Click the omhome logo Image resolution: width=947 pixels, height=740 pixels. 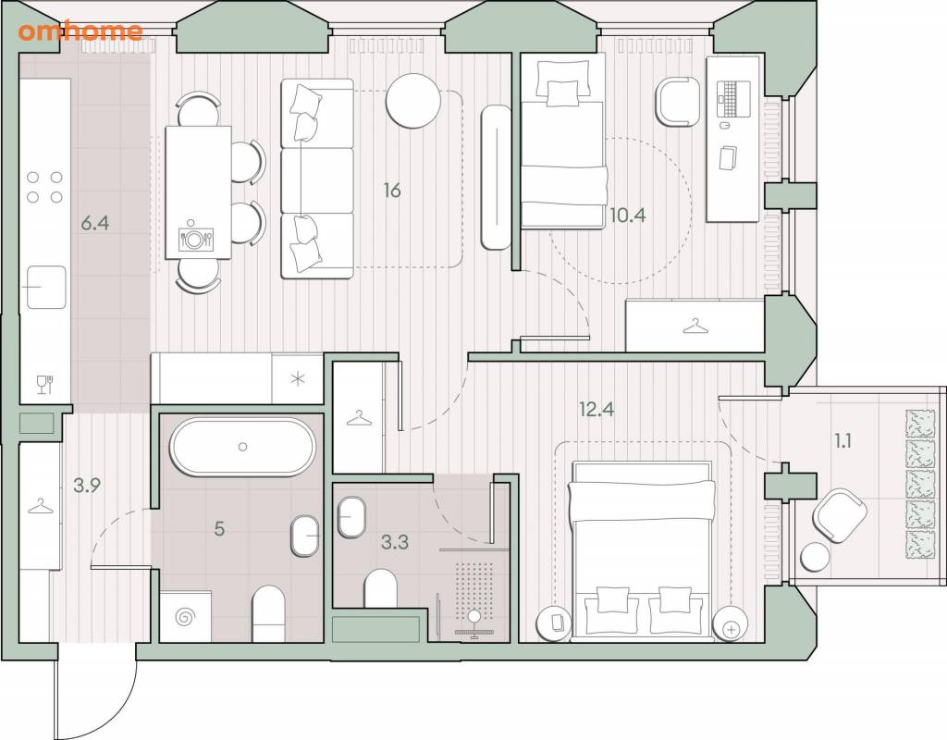[x=80, y=31]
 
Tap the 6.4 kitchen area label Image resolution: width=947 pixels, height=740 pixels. [x=95, y=224]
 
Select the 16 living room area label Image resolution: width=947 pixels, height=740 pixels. [x=392, y=191]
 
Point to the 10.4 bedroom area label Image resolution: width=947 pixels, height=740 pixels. [x=628, y=215]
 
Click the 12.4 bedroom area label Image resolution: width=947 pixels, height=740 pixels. [x=596, y=409]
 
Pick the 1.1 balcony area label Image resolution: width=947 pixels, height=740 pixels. [x=842, y=441]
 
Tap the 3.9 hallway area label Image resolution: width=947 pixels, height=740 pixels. [x=87, y=485]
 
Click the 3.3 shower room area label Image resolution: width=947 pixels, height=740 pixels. [x=394, y=542]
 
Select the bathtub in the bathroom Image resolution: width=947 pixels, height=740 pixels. [x=242, y=447]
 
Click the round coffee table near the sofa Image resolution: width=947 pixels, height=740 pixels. [x=413, y=100]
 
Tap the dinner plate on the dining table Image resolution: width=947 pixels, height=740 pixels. [x=194, y=240]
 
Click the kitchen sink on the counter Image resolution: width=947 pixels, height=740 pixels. [x=44, y=287]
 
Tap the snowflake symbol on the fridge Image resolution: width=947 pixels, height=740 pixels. [x=298, y=378]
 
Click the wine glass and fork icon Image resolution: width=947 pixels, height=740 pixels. [x=45, y=384]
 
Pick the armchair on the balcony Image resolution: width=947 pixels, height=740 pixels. [x=840, y=515]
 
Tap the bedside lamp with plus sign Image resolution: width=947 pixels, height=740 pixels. [x=731, y=624]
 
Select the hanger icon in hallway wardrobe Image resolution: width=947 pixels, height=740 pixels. [x=40, y=506]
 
